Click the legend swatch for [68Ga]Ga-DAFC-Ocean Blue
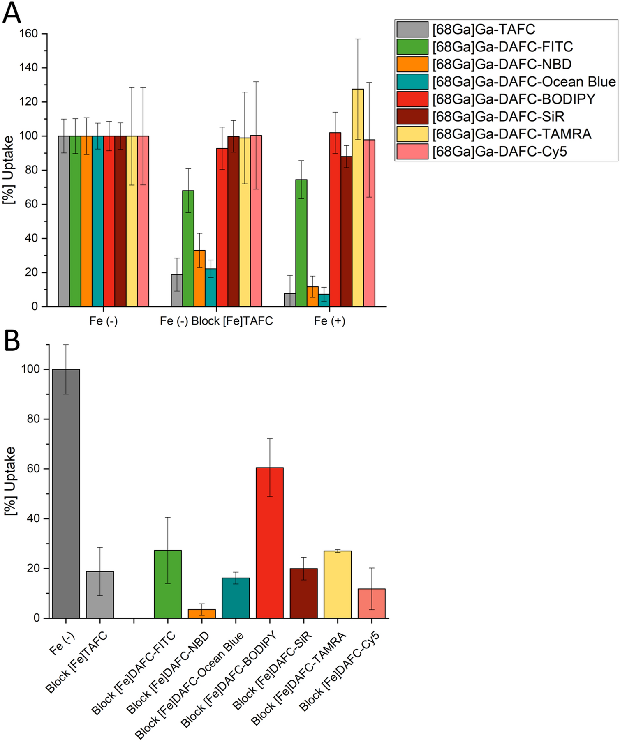click(412, 82)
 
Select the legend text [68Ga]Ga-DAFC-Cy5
click(499, 152)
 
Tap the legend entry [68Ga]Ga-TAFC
click(483, 30)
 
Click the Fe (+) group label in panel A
click(329, 321)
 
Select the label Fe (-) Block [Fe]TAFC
click(216, 321)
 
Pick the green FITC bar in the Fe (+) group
click(301, 242)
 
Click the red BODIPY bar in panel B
click(269, 542)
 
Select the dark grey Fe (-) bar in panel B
click(66, 493)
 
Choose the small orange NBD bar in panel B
click(201, 613)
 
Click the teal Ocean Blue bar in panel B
click(236, 598)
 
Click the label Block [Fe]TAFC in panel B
click(77, 662)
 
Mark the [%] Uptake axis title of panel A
click(9, 170)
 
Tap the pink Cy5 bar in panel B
click(371, 603)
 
